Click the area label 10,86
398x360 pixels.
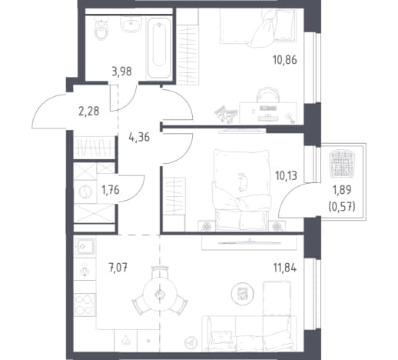coord(285,60)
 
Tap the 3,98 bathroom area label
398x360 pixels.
coord(121,72)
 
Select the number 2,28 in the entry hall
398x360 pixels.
coord(88,112)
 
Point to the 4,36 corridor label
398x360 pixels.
coord(139,138)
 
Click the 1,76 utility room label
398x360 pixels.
coord(111,190)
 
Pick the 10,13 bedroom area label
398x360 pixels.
coord(286,176)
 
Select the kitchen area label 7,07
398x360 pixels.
coord(118,268)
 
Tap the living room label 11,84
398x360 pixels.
coord(285,268)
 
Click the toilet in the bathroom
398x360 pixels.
coord(101,29)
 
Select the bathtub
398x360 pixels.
coord(159,48)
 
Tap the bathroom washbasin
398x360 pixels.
coord(131,24)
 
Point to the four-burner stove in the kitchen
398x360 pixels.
coord(85,305)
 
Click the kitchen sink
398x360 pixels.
coord(85,246)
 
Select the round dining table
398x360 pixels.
coord(160,294)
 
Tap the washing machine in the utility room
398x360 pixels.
coord(85,192)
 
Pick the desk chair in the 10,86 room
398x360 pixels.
coord(268,95)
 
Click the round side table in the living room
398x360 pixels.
coord(242,294)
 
